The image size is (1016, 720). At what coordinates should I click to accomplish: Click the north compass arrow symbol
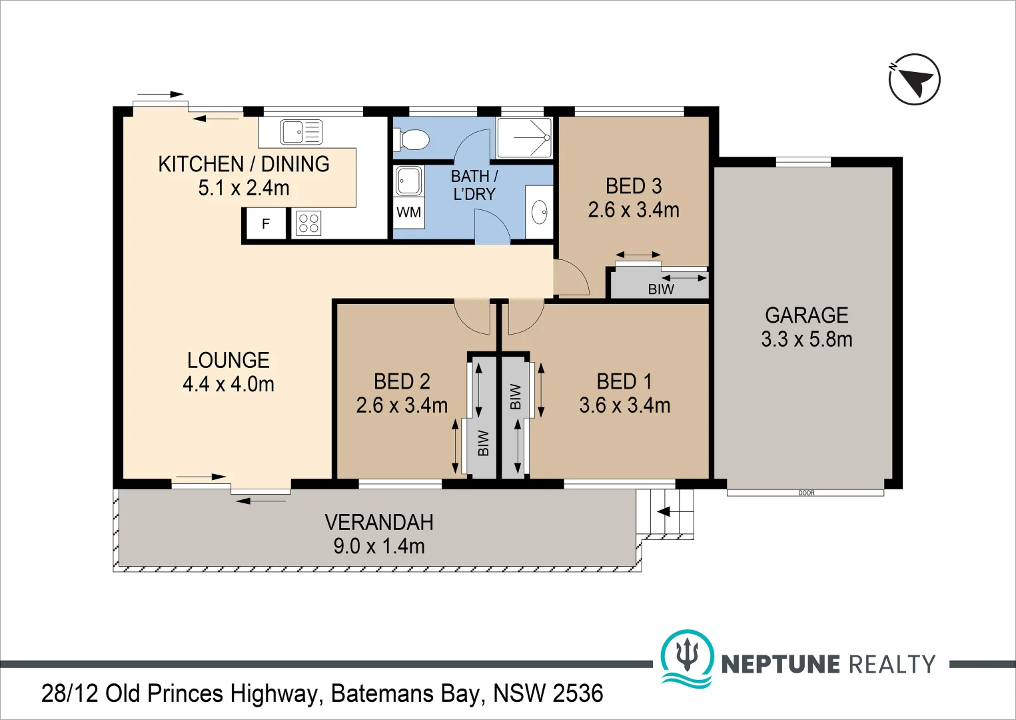[x=915, y=79]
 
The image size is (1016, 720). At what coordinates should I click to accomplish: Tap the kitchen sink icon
[x=300, y=132]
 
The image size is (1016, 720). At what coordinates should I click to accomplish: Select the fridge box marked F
[x=266, y=224]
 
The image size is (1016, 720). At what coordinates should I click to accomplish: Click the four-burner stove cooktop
[x=308, y=223]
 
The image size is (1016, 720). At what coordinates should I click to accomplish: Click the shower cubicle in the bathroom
[x=524, y=137]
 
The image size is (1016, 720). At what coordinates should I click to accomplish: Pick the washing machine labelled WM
[x=408, y=213]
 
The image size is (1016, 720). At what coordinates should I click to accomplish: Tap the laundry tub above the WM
[x=408, y=181]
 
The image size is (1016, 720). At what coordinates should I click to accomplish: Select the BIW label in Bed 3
[x=661, y=289]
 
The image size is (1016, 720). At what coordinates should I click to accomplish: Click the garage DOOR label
[x=806, y=493]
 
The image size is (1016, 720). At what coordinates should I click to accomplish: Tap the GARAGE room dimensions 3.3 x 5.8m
[x=807, y=339]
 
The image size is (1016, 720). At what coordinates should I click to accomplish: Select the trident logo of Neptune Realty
[x=687, y=656]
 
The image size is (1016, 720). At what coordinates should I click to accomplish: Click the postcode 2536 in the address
[x=578, y=694]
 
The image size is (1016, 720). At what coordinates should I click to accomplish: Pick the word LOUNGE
[x=229, y=361]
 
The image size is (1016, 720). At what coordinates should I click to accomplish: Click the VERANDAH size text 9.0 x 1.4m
[x=379, y=547]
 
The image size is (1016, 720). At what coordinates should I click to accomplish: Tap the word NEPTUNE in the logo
[x=781, y=665]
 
